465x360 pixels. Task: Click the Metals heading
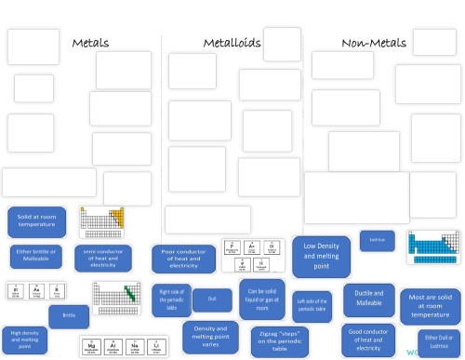(90, 43)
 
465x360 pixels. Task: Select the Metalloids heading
(232, 43)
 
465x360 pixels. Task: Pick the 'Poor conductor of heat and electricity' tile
(183, 259)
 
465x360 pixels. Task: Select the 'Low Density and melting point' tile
(321, 256)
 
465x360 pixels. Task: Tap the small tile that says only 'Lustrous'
(378, 240)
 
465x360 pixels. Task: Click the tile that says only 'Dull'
(212, 300)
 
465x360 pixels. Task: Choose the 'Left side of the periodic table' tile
(312, 304)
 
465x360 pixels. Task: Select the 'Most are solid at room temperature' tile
(430, 306)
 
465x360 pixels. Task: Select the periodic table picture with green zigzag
(115, 299)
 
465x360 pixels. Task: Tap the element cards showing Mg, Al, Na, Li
(110, 345)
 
